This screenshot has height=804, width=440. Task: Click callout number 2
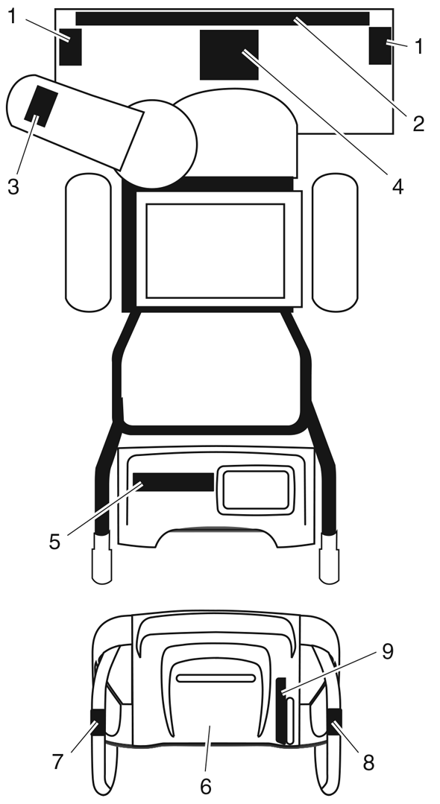(x=418, y=124)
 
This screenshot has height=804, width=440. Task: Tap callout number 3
(x=13, y=186)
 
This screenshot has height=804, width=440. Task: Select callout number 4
(x=398, y=186)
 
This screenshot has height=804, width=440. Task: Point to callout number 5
(x=55, y=542)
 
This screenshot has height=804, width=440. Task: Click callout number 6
(x=205, y=786)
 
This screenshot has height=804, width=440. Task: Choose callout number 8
(x=368, y=763)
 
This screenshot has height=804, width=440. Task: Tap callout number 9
(x=387, y=652)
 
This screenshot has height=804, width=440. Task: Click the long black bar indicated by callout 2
(x=222, y=19)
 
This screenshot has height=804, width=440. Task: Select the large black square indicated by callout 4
(x=229, y=55)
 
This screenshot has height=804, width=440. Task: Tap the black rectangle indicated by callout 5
(x=174, y=482)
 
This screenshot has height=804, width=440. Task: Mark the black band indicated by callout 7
(x=97, y=722)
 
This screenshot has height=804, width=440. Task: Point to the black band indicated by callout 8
(x=334, y=721)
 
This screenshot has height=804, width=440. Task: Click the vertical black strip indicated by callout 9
(x=281, y=711)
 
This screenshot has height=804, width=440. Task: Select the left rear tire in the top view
(x=88, y=242)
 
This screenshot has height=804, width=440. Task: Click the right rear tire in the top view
(x=335, y=242)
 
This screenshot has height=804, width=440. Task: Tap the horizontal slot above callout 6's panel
(x=216, y=678)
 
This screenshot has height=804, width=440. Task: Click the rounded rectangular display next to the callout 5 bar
(x=256, y=490)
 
